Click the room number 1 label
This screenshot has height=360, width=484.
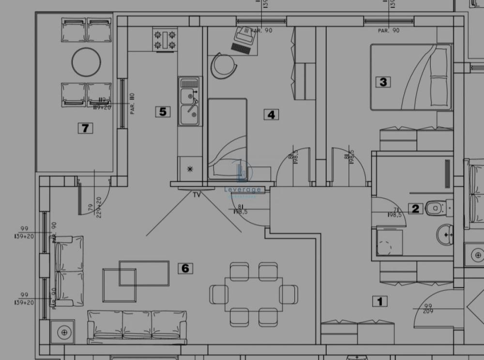[379, 301]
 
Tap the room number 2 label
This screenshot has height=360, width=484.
[415, 209]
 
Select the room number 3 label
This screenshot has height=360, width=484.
[383, 81]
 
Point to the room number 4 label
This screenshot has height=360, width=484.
[271, 115]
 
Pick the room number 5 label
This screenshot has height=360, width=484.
[163, 112]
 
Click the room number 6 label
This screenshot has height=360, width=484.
[185, 268]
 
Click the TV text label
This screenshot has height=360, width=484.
[197, 195]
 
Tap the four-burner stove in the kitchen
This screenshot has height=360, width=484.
[165, 40]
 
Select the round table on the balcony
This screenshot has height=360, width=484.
[87, 61]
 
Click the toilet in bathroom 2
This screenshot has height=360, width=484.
[438, 209]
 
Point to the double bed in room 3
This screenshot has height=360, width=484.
[411, 77]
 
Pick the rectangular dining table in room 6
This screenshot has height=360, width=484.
[254, 294]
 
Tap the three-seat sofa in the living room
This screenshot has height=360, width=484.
[137, 325]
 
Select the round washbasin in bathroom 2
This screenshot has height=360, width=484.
[446, 235]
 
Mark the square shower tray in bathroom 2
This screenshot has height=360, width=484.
[390, 242]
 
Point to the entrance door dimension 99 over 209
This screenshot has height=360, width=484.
[428, 309]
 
